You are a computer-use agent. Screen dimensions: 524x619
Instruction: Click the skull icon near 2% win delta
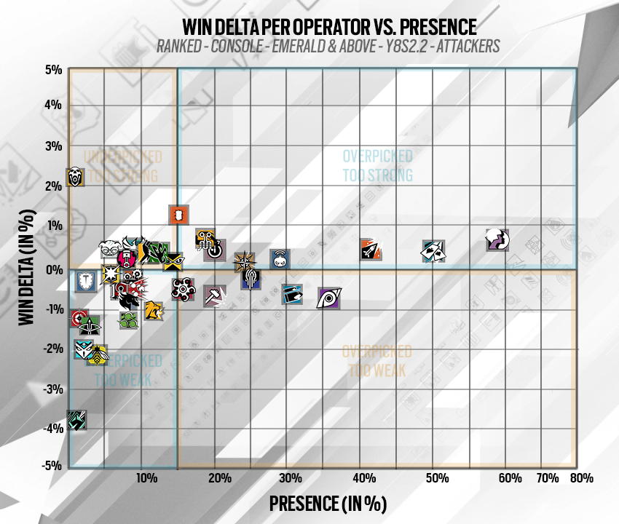point(75,176)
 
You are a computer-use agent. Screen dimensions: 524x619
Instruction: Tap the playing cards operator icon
point(433,251)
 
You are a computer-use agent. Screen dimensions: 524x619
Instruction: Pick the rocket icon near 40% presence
point(371,248)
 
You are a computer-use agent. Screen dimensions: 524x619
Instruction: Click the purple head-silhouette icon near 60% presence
point(497,239)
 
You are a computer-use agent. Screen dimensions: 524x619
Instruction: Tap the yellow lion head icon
point(153,310)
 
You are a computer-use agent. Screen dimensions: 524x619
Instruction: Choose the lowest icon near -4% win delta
point(77,420)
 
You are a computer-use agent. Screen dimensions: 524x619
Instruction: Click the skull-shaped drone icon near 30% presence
point(280,258)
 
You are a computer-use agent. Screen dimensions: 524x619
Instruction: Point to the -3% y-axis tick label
point(52,389)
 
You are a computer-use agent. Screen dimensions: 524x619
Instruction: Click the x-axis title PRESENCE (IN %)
point(327,504)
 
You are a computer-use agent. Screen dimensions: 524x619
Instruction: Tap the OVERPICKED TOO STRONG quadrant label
point(377,166)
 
